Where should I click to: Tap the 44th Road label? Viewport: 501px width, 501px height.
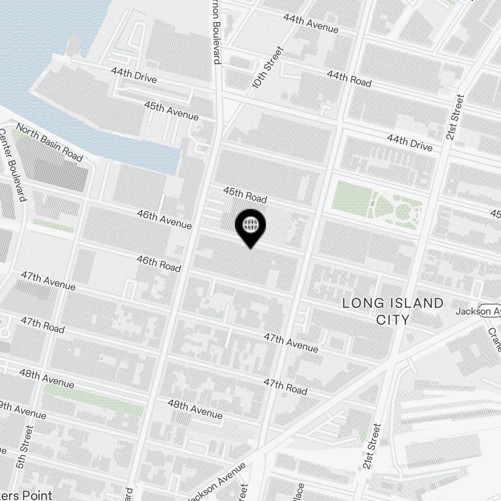point(349,78)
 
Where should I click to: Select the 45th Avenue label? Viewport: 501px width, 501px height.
point(171,111)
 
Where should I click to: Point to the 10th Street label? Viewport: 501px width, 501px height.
point(268,68)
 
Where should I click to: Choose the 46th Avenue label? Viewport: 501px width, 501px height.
point(164,219)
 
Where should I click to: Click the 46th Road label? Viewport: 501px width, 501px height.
point(158,264)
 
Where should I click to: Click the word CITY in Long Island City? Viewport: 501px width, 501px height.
point(393,320)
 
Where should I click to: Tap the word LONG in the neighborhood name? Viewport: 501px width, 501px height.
point(360,303)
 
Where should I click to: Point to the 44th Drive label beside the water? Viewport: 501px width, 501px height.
point(134,76)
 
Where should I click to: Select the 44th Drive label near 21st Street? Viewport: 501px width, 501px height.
point(409,143)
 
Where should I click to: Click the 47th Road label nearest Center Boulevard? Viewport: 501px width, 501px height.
point(42,325)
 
